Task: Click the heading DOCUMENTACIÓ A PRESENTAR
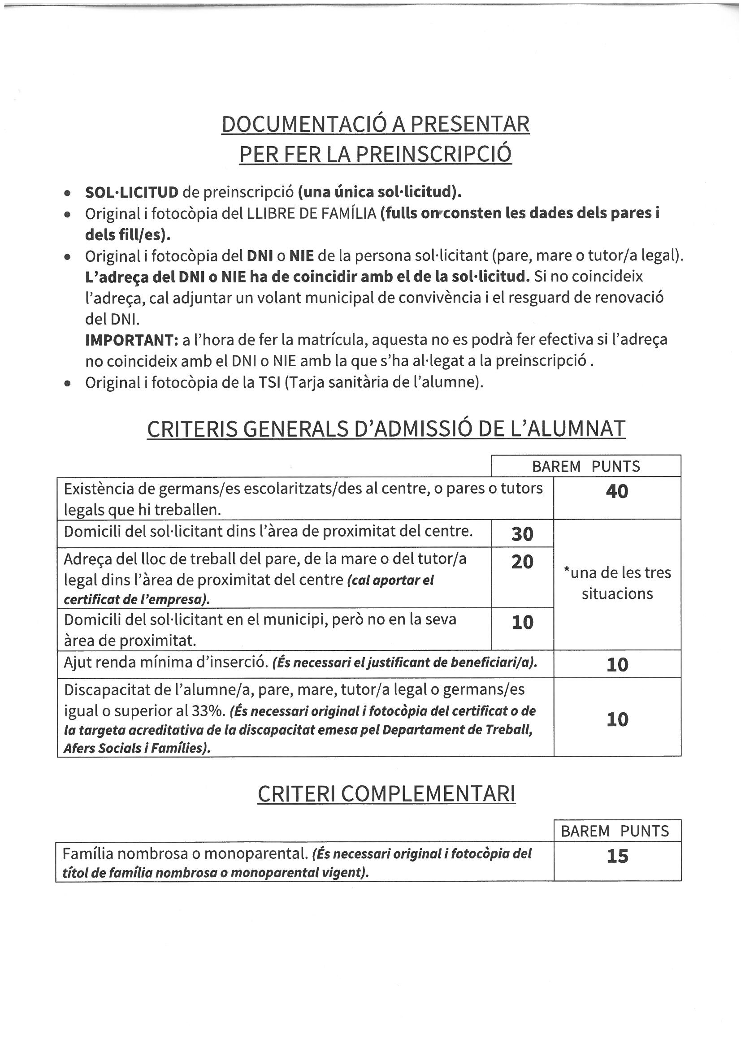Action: pyautogui.click(x=375, y=124)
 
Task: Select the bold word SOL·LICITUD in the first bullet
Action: pyautogui.click(x=131, y=192)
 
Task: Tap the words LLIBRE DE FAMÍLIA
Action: pyautogui.click(x=312, y=213)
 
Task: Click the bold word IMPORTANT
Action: pyautogui.click(x=131, y=340)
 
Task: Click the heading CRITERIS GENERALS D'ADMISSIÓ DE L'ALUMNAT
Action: pyautogui.click(x=386, y=429)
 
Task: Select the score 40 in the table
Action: pyautogui.click(x=617, y=491)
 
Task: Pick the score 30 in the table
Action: pyautogui.click(x=522, y=533)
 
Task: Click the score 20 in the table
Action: pyautogui.click(x=522, y=561)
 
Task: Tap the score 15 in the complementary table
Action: pyautogui.click(x=617, y=856)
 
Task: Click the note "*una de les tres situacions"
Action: pyautogui.click(x=617, y=583)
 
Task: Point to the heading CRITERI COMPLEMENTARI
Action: pyautogui.click(x=386, y=794)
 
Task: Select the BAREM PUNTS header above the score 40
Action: pyautogui.click(x=586, y=466)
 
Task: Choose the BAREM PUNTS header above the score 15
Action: pyautogui.click(x=615, y=831)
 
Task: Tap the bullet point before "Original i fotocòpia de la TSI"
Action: pyautogui.click(x=68, y=383)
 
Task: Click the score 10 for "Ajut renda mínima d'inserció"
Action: pyautogui.click(x=617, y=665)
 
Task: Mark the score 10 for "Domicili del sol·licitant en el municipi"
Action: pyautogui.click(x=522, y=623)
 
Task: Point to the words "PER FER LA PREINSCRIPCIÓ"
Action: pyautogui.click(x=375, y=154)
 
